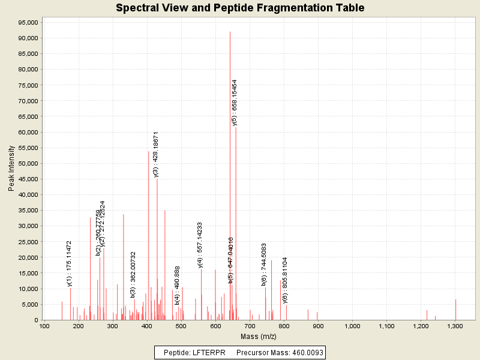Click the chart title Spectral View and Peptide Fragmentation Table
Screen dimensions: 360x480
coord(240,8)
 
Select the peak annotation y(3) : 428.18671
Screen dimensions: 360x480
coord(156,154)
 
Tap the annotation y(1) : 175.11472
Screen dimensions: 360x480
coord(70,263)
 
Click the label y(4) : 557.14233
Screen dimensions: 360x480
coord(200,245)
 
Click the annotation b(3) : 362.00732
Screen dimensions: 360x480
coord(133,274)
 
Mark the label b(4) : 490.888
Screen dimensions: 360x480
coord(178,286)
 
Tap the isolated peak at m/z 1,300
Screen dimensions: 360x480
coord(455,309)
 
